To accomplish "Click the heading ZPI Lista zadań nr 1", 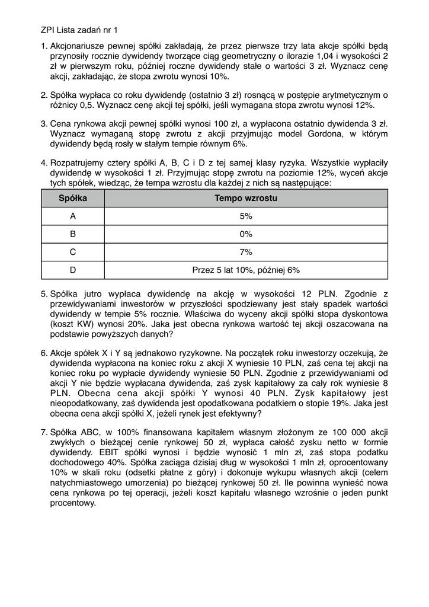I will pyautogui.click(x=79, y=29).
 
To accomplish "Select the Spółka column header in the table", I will pyautogui.click(x=73, y=199).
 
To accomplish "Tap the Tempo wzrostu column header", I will pyautogui.click(x=246, y=199).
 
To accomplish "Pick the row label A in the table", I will pyautogui.click(x=73, y=216).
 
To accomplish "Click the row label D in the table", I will pyautogui.click(x=73, y=270).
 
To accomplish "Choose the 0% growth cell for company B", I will pyautogui.click(x=246, y=234).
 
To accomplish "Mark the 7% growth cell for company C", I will pyautogui.click(x=246, y=252).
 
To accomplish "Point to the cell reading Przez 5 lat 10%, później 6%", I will pyautogui.click(x=246, y=270).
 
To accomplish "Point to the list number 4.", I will pyautogui.click(x=44, y=162).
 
